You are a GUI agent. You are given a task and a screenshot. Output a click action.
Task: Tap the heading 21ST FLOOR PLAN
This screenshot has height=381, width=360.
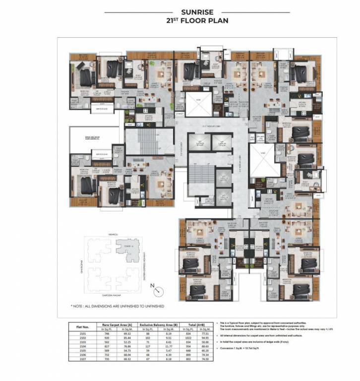(x=180, y=21)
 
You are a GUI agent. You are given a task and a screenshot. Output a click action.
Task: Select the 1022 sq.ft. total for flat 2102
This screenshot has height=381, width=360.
(x=188, y=339)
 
